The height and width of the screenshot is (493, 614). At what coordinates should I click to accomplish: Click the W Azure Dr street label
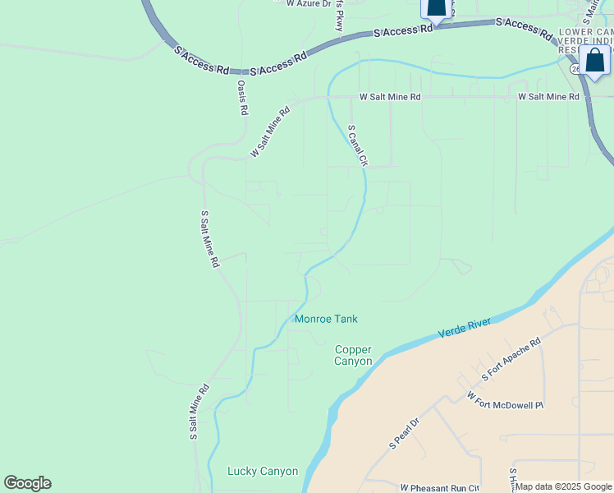pos(308,4)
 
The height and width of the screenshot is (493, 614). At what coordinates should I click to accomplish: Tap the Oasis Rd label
pos(242,98)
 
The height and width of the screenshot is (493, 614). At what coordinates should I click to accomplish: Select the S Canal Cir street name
pos(356,145)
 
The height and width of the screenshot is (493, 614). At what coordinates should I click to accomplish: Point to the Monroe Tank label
pos(326,319)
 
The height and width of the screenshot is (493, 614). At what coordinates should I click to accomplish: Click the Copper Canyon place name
pos(354,355)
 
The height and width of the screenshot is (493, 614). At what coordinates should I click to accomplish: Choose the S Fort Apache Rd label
pos(511,362)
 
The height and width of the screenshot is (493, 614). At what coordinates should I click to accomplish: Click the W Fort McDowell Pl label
pos(505,401)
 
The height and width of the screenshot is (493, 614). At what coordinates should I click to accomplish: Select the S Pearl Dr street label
pos(404,434)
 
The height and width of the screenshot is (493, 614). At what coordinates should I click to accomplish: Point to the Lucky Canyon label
pos(262,472)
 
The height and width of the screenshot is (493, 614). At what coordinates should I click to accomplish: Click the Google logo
pos(27,483)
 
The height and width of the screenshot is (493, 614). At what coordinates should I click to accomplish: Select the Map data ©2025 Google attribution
pos(564,487)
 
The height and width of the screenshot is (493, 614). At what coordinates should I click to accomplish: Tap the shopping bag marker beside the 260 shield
pos(594,62)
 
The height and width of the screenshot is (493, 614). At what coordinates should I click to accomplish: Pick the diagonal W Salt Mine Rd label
pos(271,131)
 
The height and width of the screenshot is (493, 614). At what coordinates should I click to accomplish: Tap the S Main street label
pos(589,10)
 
